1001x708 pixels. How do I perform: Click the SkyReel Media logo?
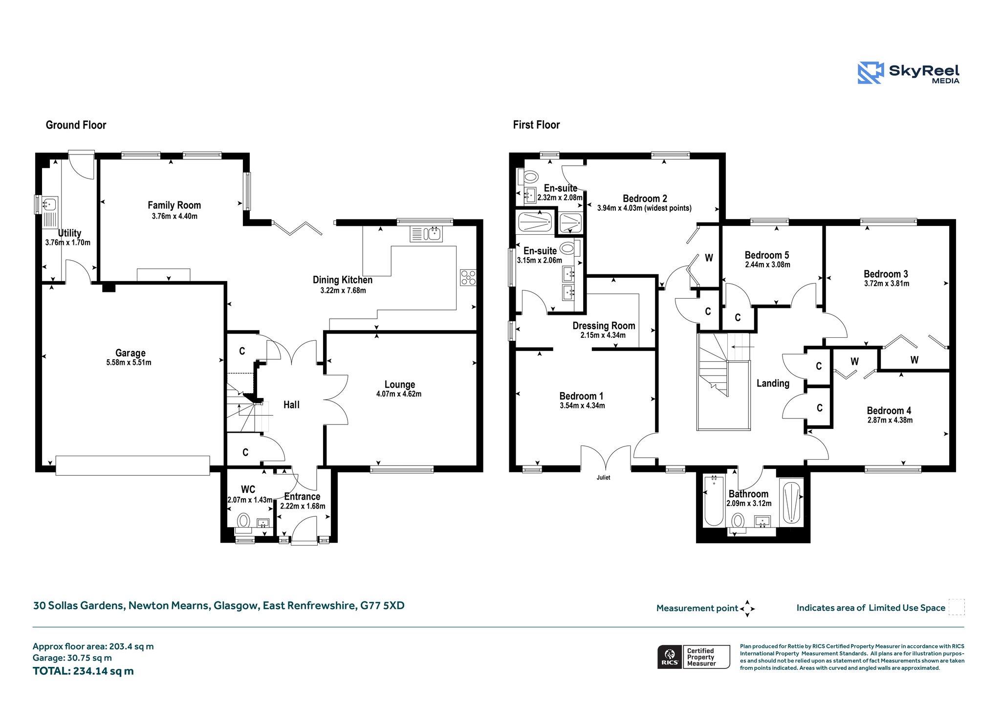909,73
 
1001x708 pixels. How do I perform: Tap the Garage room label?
130,353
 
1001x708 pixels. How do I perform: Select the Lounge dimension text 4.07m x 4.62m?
399,394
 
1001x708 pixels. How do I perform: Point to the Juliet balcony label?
603,477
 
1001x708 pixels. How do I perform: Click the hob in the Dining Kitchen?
468,277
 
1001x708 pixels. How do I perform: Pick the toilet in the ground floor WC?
243,522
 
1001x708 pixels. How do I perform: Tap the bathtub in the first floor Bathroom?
714,500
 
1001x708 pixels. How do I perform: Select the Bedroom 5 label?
766,255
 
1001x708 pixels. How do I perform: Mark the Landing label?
773,383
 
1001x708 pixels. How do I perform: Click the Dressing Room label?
604,326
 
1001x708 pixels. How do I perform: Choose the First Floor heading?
536,125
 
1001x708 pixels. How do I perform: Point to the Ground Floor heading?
76,125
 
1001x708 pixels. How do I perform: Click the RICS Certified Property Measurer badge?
694,657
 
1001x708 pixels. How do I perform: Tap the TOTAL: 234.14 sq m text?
83,671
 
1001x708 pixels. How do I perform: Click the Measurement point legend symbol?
747,609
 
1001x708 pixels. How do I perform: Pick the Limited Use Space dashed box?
957,607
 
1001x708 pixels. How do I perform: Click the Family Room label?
174,205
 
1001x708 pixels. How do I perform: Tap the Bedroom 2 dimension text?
644,208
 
